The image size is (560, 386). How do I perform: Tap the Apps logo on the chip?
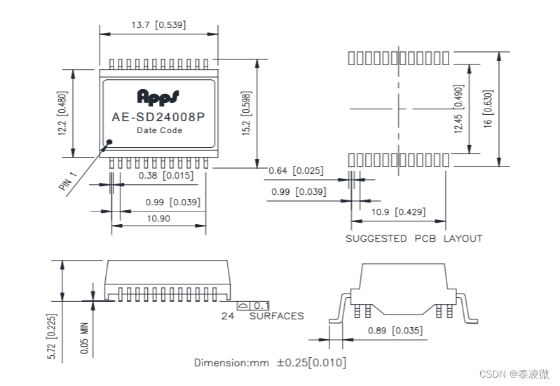(x=158, y=95)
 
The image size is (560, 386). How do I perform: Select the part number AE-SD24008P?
(x=158, y=118)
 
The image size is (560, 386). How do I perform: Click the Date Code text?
(x=159, y=131)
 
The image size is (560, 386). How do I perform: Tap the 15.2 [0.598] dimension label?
(x=245, y=114)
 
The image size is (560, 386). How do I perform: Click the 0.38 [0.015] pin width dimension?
(x=165, y=176)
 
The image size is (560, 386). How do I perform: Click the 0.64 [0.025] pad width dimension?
(x=296, y=171)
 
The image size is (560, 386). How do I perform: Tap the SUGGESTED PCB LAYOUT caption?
(x=414, y=239)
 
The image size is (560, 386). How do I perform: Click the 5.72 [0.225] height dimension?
(x=52, y=337)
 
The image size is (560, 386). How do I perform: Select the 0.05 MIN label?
(x=85, y=337)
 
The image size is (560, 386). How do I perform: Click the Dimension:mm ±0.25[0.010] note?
(x=270, y=363)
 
